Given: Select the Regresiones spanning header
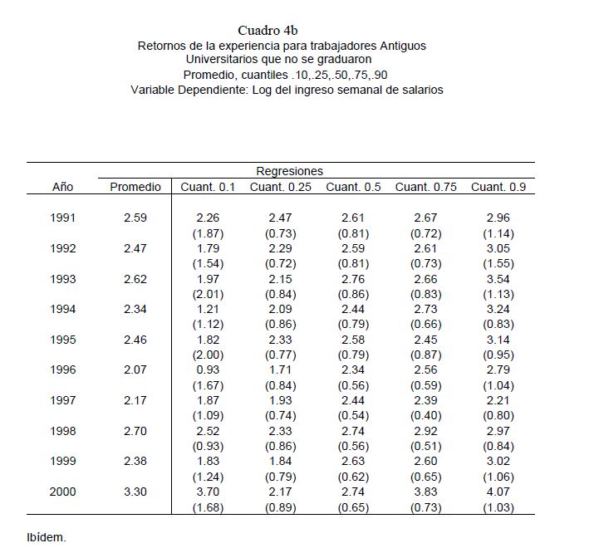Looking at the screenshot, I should [x=289, y=171].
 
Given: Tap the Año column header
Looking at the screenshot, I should [x=63, y=187].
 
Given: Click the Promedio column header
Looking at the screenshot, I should [x=135, y=187].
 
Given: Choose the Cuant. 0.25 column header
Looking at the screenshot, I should [x=280, y=187].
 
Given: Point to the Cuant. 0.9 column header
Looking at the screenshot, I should [x=498, y=187].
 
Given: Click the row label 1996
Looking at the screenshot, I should [x=63, y=369].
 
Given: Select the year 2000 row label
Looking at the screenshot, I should [x=63, y=492].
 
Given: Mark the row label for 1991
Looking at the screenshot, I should [x=63, y=218].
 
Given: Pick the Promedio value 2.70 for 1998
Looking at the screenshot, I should [x=135, y=431].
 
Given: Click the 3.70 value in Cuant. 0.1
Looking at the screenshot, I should [x=208, y=492].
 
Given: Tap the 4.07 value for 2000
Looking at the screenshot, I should [x=498, y=492].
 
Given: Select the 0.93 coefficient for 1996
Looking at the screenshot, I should [x=208, y=369].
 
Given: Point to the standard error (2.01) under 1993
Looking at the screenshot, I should [x=208, y=294].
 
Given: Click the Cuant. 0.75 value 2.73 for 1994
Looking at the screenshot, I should [x=426, y=309].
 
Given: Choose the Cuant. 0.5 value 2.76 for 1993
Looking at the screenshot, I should [x=353, y=279].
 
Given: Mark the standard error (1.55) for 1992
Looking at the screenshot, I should [x=498, y=263].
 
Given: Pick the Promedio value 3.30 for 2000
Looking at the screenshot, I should [x=135, y=492].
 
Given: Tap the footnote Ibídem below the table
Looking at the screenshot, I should [x=47, y=536].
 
